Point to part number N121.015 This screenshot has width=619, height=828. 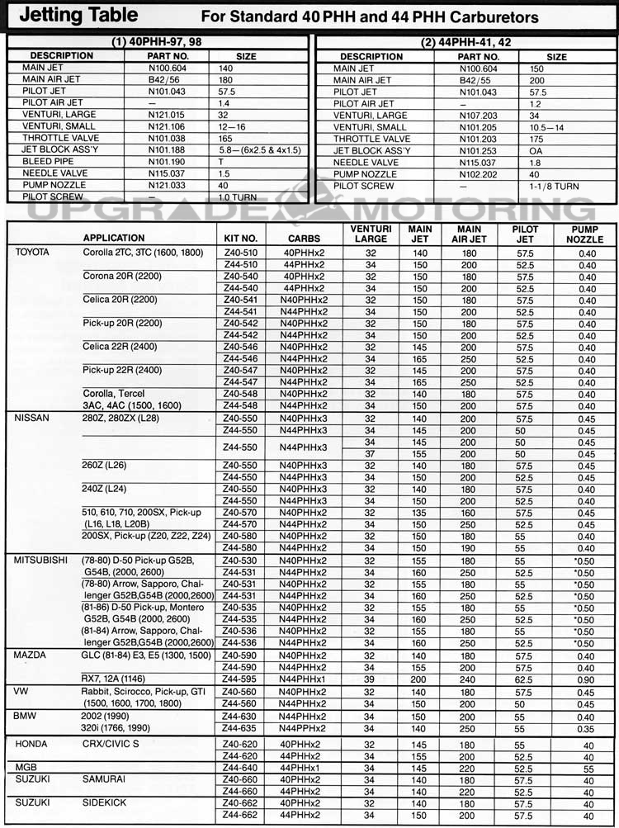[168, 114]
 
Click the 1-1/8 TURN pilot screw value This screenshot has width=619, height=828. [555, 187]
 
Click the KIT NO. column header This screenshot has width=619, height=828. [240, 238]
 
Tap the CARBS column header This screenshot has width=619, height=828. [304, 238]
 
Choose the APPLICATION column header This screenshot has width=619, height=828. [113, 238]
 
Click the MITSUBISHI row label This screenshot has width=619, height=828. [40, 560]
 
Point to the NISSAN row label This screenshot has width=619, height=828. [32, 418]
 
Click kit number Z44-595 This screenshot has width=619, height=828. [240, 679]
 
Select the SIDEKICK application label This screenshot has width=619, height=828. [105, 802]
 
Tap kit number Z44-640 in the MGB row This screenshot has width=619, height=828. [240, 767]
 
